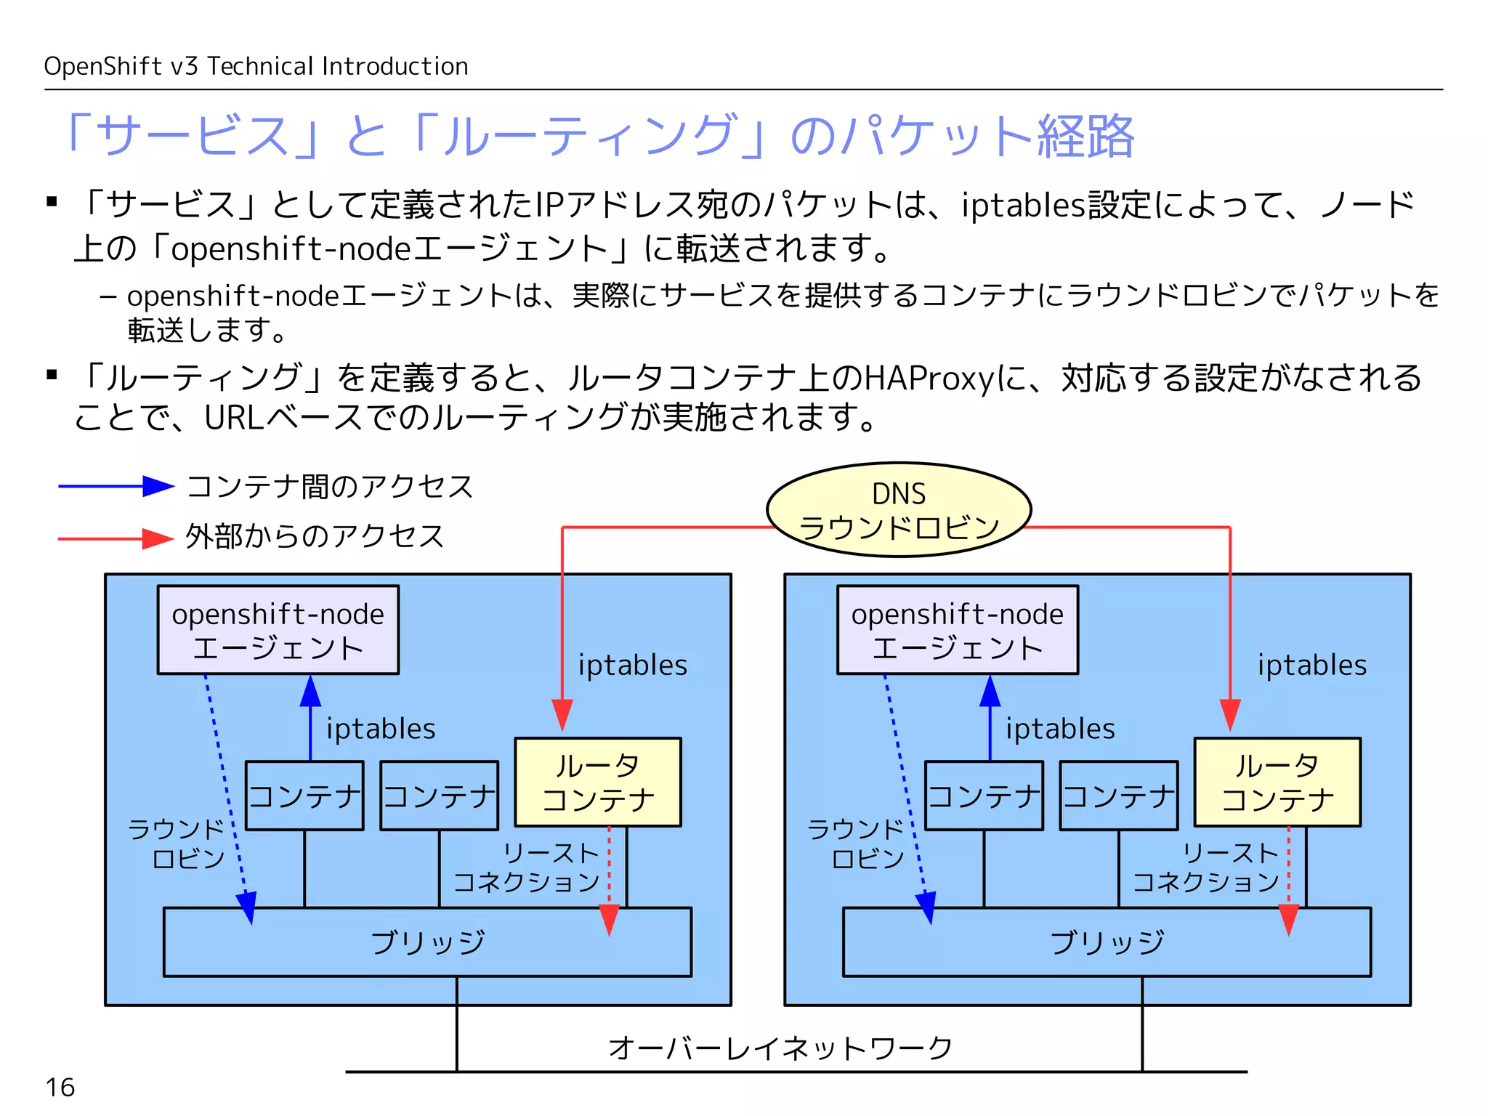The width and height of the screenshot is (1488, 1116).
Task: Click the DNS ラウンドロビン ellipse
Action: coord(899,509)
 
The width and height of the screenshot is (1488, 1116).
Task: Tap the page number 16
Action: coord(60,1088)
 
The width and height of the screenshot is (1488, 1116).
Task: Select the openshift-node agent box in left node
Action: coord(278,630)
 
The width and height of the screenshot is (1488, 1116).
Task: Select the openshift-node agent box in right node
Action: coord(957,630)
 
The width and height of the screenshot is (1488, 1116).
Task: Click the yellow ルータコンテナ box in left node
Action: coord(597,782)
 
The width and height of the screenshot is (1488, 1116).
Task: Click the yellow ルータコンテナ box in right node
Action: coord(1277,782)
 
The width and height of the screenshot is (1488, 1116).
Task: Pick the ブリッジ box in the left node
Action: coord(427,942)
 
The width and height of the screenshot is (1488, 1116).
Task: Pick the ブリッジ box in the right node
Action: coord(1107,942)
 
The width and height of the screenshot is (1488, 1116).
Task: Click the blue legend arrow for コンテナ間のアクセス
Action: coord(116,486)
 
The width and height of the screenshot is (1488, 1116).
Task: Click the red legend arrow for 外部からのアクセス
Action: coord(116,538)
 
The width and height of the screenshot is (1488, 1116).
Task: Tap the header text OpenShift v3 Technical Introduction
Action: coord(256,66)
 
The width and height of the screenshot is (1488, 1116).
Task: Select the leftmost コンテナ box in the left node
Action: coord(304,796)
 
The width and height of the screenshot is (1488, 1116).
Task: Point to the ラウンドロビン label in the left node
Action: coord(177,844)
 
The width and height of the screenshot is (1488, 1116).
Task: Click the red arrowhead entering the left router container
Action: coord(562,716)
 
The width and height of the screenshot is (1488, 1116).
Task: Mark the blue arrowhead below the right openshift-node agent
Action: coord(990,692)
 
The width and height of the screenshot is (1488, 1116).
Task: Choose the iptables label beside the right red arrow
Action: coord(1311,665)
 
